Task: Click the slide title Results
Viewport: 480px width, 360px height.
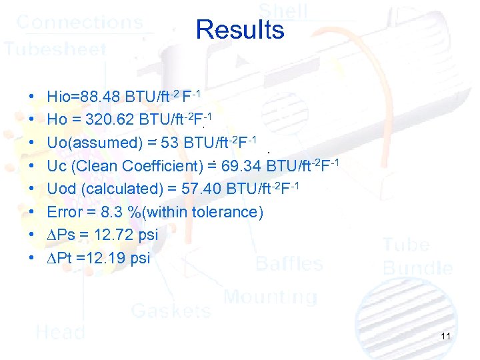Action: (240, 30)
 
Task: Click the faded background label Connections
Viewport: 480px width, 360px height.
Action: (79, 21)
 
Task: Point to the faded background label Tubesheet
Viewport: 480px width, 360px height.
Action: (55, 49)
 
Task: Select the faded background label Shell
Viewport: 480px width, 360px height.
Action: (283, 11)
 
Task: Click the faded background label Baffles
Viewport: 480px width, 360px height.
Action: (289, 264)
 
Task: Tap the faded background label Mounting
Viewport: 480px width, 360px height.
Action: (270, 297)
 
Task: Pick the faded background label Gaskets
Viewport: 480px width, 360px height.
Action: (171, 310)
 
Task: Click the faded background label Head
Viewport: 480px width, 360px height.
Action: (60, 331)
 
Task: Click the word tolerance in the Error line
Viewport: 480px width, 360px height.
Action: (227, 212)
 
